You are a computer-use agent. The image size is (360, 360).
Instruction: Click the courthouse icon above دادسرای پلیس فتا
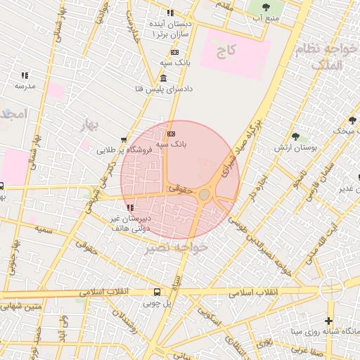click(163, 78)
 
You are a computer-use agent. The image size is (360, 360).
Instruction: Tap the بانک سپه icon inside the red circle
click(172, 133)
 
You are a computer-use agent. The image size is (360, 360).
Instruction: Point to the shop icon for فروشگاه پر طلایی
click(124, 139)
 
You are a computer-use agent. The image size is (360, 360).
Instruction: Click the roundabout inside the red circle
click(204, 194)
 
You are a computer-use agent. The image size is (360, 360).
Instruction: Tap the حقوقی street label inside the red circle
click(179, 188)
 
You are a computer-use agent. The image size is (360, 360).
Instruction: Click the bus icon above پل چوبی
click(157, 292)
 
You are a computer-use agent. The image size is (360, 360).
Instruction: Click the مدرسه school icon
click(25, 75)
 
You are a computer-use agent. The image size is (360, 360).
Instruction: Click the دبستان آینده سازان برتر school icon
click(169, 13)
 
